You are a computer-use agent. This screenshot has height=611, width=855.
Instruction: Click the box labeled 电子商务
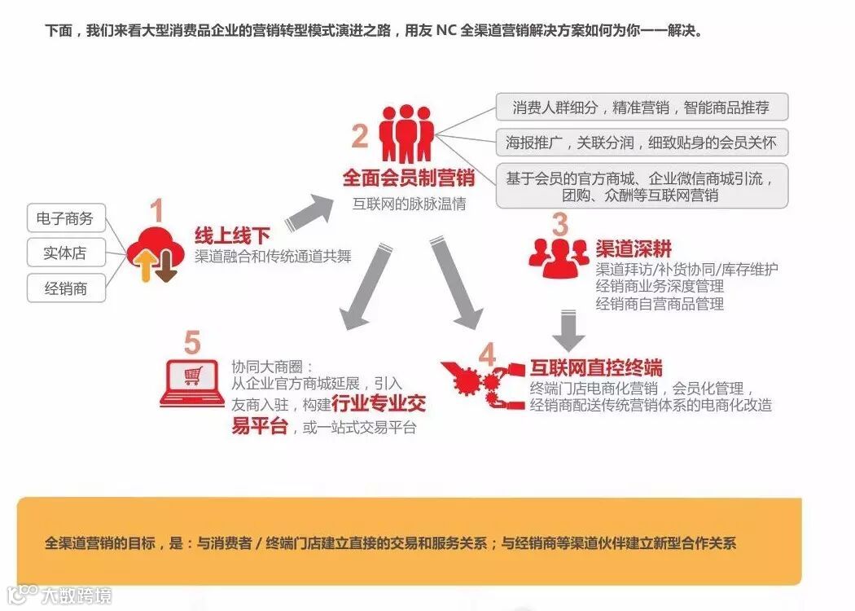pos(65,218)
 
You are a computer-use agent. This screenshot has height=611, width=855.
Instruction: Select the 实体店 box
pos(65,253)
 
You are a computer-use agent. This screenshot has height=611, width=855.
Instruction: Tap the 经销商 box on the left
pos(65,288)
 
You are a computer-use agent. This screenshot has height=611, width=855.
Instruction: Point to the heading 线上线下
pos(232,235)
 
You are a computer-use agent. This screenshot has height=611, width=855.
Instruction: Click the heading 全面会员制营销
pos(403,178)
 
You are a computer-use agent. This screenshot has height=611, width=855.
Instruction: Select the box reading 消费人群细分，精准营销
pos(642,107)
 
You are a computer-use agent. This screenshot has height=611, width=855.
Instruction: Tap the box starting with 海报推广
pos(642,143)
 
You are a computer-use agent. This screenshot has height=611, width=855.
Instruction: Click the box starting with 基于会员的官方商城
pos(642,186)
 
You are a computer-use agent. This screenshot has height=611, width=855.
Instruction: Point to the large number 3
pos(559,224)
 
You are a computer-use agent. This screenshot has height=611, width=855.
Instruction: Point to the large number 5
pos(191,343)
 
